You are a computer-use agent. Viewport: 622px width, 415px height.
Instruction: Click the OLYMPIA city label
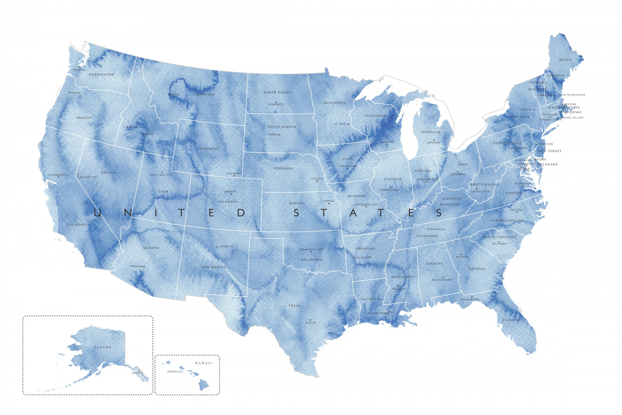tap(79, 70)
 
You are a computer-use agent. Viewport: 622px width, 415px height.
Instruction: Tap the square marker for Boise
tap(127, 127)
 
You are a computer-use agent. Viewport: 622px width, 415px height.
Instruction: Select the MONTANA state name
tap(206, 95)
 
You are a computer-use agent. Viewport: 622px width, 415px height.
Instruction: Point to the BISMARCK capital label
tap(276, 105)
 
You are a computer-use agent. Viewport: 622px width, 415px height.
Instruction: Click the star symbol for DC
tap(521, 168)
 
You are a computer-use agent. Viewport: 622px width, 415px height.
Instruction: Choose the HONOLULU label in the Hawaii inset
tap(175, 372)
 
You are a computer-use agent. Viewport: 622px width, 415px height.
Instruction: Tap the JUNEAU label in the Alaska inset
tap(137, 373)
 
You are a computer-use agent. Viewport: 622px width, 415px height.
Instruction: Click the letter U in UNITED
tap(97, 213)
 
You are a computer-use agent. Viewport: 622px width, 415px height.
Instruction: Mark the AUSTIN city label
tap(311, 323)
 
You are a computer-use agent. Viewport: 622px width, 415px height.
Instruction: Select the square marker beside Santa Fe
tap(217, 247)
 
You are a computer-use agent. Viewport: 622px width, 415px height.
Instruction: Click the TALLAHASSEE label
tap(470, 299)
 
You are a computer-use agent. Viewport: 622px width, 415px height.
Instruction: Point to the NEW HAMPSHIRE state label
tap(572, 95)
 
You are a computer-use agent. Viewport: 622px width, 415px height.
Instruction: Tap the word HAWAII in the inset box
tap(204, 363)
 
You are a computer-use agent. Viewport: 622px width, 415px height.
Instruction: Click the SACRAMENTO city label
tap(58, 175)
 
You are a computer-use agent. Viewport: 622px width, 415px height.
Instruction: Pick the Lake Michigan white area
tap(409, 132)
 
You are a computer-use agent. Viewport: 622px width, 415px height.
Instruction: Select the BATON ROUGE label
tap(379, 313)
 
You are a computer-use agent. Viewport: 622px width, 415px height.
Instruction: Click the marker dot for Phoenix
tap(144, 267)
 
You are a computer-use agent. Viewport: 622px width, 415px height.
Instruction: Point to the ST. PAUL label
tap(340, 124)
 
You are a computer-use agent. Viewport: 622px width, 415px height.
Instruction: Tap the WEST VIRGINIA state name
tap(484, 184)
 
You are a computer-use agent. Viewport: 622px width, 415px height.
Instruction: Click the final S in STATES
tap(439, 213)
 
